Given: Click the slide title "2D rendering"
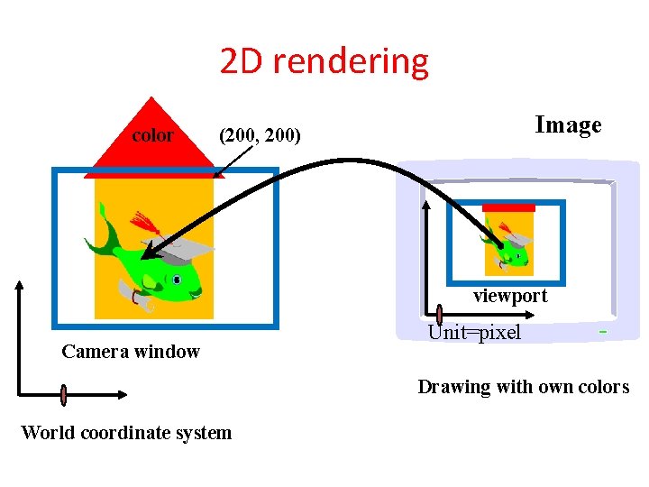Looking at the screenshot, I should coord(324,61).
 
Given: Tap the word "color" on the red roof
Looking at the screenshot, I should coord(152,135).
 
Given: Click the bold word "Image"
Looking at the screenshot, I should coord(568,124).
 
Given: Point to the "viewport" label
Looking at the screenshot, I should coord(510,296).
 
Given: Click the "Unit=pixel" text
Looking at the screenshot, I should coord(474,332).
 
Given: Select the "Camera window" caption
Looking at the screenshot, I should coord(131,352).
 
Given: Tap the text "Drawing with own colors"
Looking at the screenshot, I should coord(523,387).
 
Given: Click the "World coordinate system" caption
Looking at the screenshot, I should coord(126,433).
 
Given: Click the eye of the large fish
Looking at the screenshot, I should coord(178,280).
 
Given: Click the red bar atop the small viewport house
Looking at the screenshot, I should coord(509,207).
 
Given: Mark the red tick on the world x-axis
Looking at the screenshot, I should coord(64,394).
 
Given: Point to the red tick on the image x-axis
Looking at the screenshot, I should coord(439,315).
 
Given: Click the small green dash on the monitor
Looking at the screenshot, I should coord(601,332).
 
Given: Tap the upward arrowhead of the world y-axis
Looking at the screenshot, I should coord(19,285).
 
